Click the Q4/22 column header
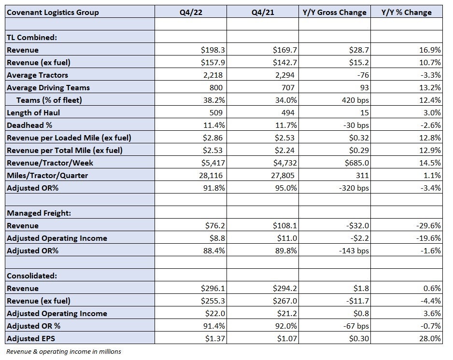[191, 12]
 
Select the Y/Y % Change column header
[406, 12]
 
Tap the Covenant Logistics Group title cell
[53, 13]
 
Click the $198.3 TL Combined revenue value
[213, 50]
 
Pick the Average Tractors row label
[37, 75]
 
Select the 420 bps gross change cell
[355, 100]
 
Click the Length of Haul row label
[33, 112]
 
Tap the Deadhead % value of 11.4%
[214, 125]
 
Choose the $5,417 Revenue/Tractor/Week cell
[213, 163]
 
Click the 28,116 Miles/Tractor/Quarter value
[211, 175]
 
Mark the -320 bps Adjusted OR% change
[354, 188]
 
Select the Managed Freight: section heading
[39, 213]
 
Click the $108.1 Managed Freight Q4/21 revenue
[285, 225]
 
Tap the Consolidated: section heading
[32, 276]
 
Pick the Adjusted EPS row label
[31, 338]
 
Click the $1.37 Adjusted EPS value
[215, 338]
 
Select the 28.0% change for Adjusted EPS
[430, 338]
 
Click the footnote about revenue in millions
[64, 352]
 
